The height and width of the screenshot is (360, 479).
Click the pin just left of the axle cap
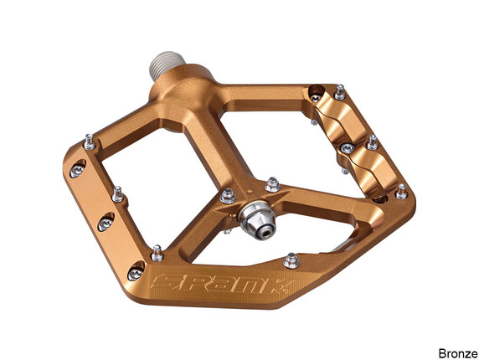coord(227,196)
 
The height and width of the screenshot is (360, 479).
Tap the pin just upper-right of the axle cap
coord(271,183)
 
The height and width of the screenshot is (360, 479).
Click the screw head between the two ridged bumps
coord(346,149)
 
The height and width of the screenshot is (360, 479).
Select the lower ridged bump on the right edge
coord(374,168)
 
